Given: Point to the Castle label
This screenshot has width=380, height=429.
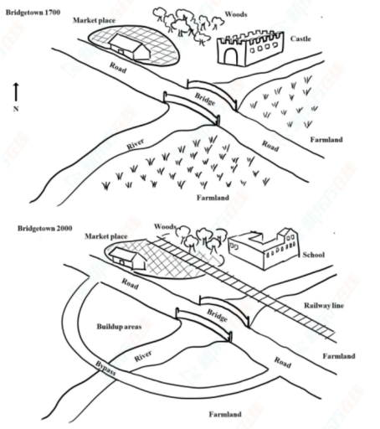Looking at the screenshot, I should [302, 39].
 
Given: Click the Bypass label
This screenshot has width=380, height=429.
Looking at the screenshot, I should [103, 369].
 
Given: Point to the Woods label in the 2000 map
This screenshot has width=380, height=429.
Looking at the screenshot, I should [166, 227].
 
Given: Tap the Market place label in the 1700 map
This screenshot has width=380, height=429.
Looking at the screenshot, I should [93, 18].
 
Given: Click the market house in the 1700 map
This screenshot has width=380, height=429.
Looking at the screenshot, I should [131, 46].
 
